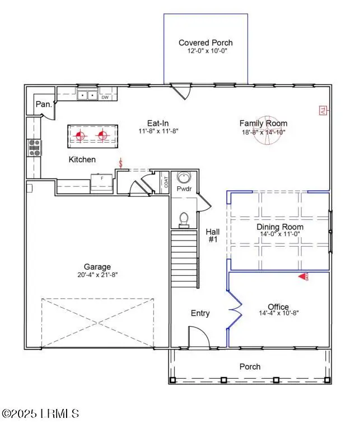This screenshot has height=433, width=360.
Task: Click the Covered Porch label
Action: [205, 43]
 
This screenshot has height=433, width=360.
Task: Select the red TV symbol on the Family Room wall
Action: [322, 111]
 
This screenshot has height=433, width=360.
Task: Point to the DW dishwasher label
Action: [105, 97]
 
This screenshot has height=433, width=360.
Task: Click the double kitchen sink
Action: [87, 96]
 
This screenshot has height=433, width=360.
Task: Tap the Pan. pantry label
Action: [44, 104]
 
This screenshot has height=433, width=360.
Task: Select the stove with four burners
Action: [34, 148]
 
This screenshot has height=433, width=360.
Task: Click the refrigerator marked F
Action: [102, 182]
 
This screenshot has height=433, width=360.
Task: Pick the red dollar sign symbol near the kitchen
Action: [120, 163]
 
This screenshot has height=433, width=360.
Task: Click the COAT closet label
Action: [165, 182]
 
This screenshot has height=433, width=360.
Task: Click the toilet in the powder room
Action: [184, 220]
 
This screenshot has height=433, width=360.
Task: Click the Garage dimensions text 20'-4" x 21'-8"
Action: [97, 275]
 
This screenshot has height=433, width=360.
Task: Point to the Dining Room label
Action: [280, 227]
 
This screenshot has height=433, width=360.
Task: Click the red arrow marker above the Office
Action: [303, 276]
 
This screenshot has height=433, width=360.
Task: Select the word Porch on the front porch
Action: [250, 366]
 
